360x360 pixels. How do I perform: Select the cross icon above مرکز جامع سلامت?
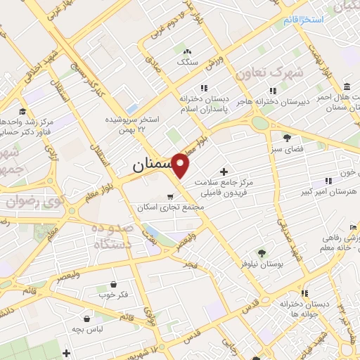pos(224,172)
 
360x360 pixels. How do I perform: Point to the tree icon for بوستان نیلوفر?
pos(262,252)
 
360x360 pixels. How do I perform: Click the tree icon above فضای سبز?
pos(286,137)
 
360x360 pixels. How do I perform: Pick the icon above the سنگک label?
pos(186,51)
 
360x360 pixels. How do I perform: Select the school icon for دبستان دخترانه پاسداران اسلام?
pos(203,88)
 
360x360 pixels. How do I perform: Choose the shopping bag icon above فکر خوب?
pos(114,284)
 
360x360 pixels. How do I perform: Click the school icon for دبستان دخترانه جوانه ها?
pos(304,293)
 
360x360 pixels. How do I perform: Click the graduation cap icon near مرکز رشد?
pos(22,111)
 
